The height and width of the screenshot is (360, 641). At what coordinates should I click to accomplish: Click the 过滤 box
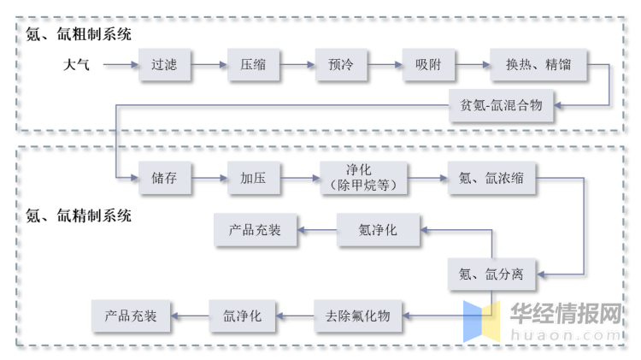tap(164, 64)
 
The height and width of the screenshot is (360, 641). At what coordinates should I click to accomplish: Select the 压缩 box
tap(253, 64)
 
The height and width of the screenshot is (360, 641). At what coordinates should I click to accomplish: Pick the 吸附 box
tap(428, 64)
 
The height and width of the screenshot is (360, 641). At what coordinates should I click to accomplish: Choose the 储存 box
tap(164, 178)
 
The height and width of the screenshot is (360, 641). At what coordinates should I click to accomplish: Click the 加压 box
tap(253, 178)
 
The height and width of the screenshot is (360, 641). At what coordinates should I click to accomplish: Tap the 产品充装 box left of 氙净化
tap(131, 316)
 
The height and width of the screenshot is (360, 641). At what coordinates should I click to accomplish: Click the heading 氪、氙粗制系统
tap(79, 33)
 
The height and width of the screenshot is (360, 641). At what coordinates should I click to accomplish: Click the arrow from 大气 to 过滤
tap(120, 64)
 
